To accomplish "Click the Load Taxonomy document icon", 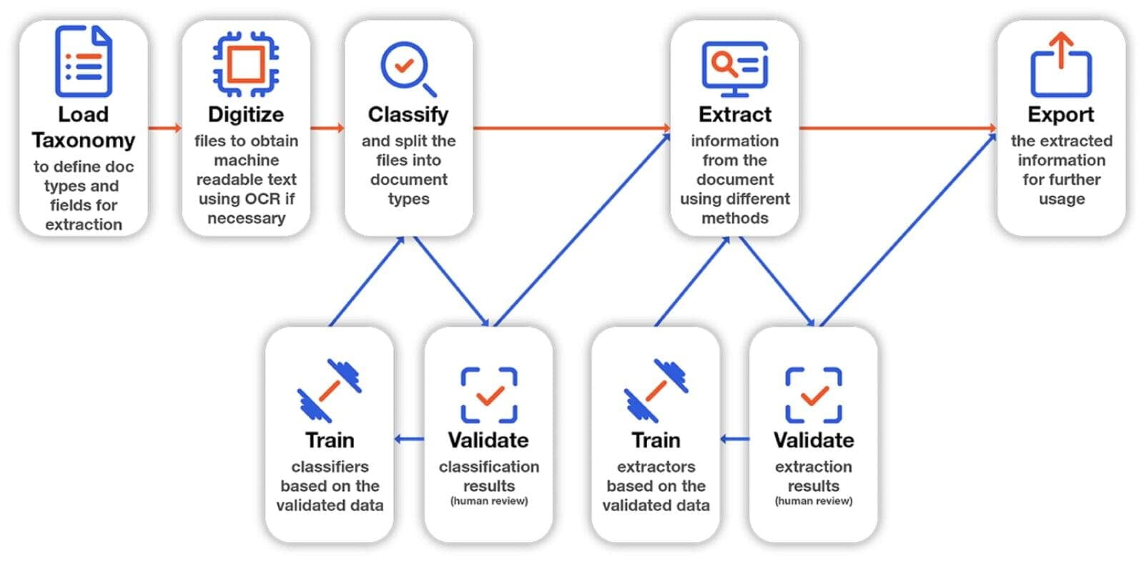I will [x=84, y=61].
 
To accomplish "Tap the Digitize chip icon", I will [x=246, y=64].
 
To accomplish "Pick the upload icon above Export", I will [x=1061, y=65].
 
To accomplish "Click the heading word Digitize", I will [x=246, y=114].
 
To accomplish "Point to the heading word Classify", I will [x=408, y=114].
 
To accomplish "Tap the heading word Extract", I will [x=734, y=114].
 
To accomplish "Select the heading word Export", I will [x=1061, y=114].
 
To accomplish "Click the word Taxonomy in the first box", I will [x=84, y=140].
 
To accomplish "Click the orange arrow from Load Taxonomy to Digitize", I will [x=165, y=128].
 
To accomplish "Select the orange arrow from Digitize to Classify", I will [x=327, y=128].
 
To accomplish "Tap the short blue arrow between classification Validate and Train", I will [x=409, y=438].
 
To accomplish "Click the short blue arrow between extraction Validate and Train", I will [x=734, y=438].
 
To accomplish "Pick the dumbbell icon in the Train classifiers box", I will [x=329, y=390].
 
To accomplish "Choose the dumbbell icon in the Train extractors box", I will [x=656, y=390].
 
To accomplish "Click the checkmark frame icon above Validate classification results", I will [x=489, y=395].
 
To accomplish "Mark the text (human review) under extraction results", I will [x=814, y=501].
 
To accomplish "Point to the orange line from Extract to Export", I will [x=897, y=128].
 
